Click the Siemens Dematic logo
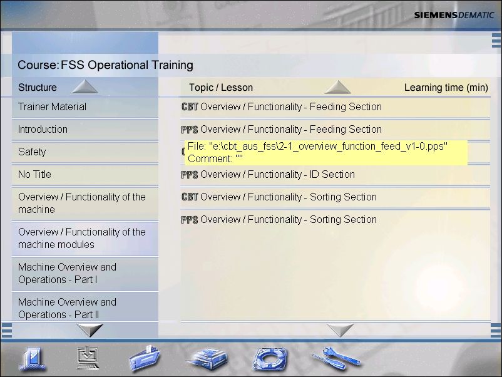(x=454, y=15)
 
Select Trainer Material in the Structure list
(x=52, y=106)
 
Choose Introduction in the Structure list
(x=43, y=130)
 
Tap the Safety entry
(x=32, y=152)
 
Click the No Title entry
(x=34, y=174)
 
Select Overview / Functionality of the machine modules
(x=82, y=238)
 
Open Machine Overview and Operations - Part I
(x=67, y=273)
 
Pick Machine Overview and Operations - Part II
(x=67, y=308)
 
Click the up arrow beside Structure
(x=85, y=86)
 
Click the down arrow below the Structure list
(x=90, y=330)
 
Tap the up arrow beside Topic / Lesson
(x=337, y=87)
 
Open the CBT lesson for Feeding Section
(x=282, y=106)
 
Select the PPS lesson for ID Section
(x=268, y=175)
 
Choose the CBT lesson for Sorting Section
(x=279, y=197)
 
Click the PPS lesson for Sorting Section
(x=279, y=220)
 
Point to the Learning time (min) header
(x=446, y=88)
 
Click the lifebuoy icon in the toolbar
(x=270, y=359)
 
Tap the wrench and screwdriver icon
(x=336, y=358)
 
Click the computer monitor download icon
(x=88, y=358)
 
